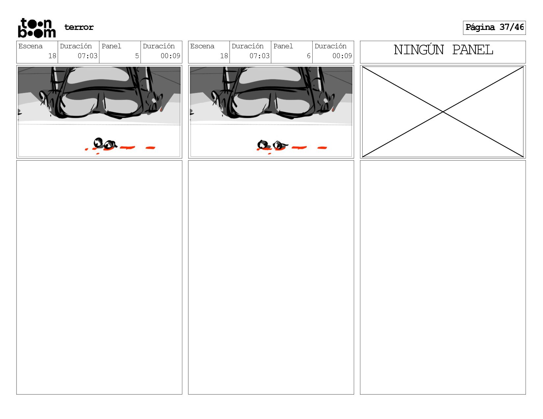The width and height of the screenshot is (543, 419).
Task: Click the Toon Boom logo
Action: pos(37,28)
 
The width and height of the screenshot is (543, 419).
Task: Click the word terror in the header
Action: pos(79,27)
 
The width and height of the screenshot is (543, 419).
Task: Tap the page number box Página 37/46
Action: pos(494,28)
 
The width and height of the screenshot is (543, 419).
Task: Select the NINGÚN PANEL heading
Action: pos(443,50)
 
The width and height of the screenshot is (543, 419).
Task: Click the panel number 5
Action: pos(137,56)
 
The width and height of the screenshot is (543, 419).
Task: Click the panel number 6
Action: pos(308,56)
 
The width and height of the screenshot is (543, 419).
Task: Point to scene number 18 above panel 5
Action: pos(52,56)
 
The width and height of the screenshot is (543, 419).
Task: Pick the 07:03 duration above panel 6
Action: pos(259,56)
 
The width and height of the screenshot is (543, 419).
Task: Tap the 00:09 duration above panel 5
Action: pos(170,56)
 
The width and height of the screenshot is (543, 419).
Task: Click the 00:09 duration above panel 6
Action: pos(342,56)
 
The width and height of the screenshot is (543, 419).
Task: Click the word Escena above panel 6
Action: pos(202,46)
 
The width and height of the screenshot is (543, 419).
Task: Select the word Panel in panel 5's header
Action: pos(111,46)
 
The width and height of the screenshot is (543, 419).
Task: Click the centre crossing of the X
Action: pos(443,112)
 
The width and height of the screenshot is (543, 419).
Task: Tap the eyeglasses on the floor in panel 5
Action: pos(105,144)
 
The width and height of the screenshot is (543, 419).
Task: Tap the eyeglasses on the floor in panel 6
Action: pos(271,145)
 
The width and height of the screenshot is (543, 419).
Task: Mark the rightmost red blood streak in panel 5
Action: pos(150,148)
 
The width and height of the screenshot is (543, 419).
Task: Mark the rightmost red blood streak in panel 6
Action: pos(322,148)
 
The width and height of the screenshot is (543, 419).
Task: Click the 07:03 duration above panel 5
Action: pos(88,56)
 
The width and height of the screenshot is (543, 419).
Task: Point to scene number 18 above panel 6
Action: pos(224,56)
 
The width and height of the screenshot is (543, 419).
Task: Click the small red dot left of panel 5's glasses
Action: pos(87,150)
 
